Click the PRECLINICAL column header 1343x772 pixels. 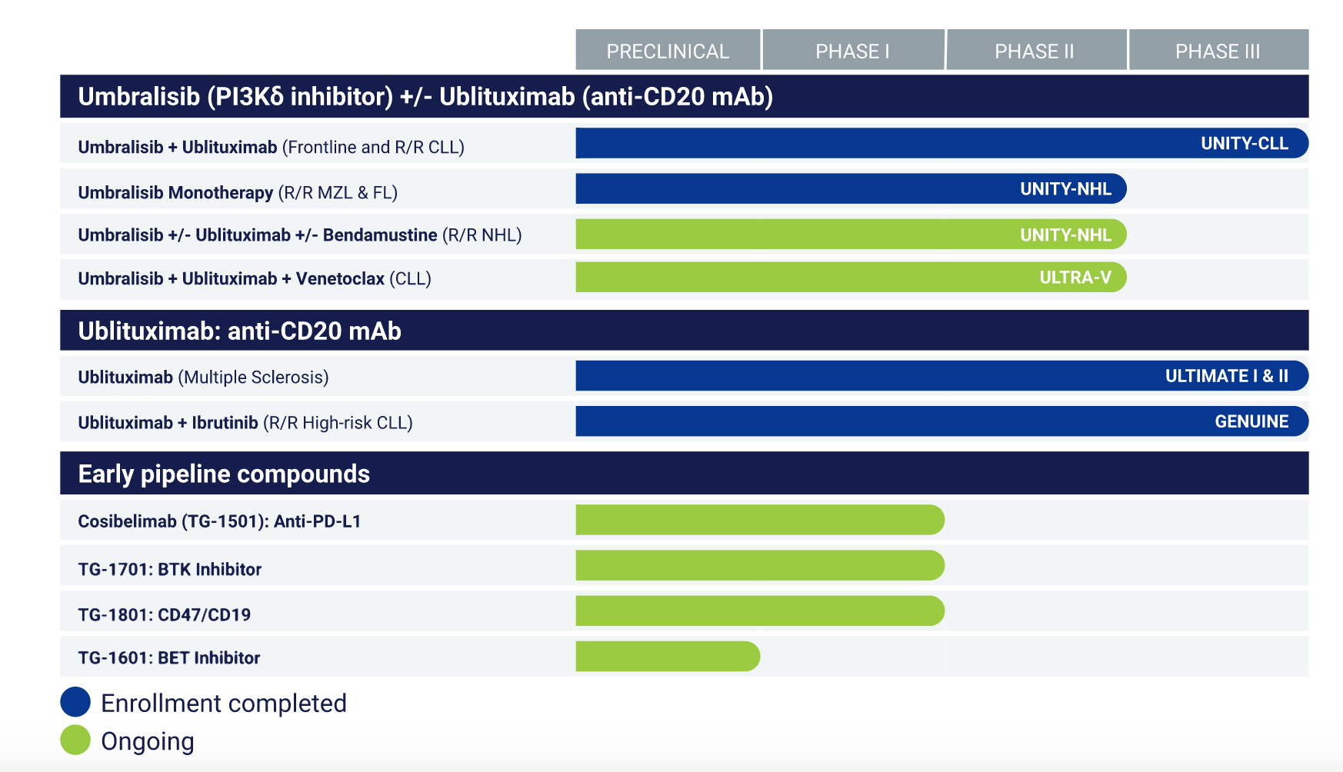(x=668, y=51)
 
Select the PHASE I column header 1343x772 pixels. (x=852, y=51)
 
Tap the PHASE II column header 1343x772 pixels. (x=1035, y=51)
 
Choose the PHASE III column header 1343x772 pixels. (x=1218, y=51)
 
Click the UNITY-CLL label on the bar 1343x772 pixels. (x=1244, y=144)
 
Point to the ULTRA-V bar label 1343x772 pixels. (x=1075, y=278)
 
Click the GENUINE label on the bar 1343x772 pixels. (x=1251, y=421)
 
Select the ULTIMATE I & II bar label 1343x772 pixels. (x=1226, y=376)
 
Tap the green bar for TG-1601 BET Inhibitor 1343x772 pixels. (x=667, y=657)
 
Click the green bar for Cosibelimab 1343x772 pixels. (x=759, y=520)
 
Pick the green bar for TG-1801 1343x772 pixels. (x=759, y=611)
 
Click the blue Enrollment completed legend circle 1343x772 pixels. (x=75, y=702)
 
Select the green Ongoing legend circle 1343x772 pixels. (x=75, y=740)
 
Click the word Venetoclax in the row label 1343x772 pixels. (x=340, y=278)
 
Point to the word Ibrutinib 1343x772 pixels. (x=225, y=423)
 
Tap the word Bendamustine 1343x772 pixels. (x=380, y=235)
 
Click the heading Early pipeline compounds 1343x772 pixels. (x=224, y=474)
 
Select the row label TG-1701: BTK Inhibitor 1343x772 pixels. (x=170, y=570)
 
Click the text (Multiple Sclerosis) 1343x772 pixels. (x=253, y=378)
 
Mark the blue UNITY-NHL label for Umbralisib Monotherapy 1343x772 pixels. (x=1065, y=189)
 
